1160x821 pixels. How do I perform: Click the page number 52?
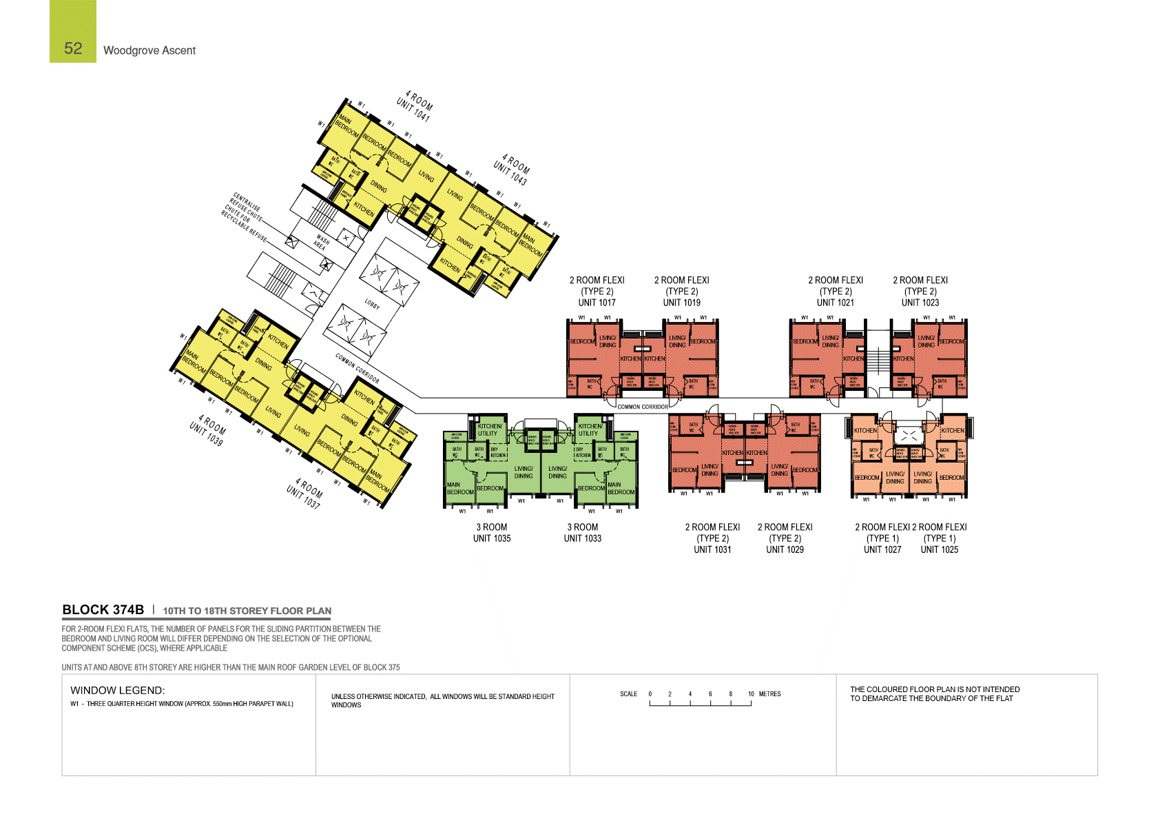click(x=73, y=48)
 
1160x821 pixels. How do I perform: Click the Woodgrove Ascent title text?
click(x=149, y=50)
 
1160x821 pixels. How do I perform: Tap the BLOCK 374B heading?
click(x=103, y=610)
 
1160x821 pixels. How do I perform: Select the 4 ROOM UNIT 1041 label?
click(x=415, y=106)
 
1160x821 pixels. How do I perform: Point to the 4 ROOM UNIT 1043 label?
click(x=512, y=170)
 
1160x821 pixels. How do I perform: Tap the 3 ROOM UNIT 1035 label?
click(x=492, y=533)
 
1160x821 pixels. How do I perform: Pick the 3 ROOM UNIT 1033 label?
click(x=583, y=533)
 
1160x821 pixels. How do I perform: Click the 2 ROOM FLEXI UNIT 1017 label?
click(x=597, y=291)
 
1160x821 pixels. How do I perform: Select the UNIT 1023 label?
click(x=920, y=303)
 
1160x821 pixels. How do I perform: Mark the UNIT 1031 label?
click(x=712, y=549)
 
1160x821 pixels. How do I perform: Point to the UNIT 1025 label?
click(x=940, y=549)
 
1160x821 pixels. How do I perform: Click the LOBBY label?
click(x=372, y=304)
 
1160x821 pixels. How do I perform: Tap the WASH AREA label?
click(x=321, y=242)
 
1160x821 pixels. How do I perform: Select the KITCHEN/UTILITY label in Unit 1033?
click(x=590, y=429)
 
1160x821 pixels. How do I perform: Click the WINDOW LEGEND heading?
click(x=117, y=690)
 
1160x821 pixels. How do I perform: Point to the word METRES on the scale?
click(x=770, y=694)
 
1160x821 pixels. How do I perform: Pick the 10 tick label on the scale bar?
click(x=751, y=694)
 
